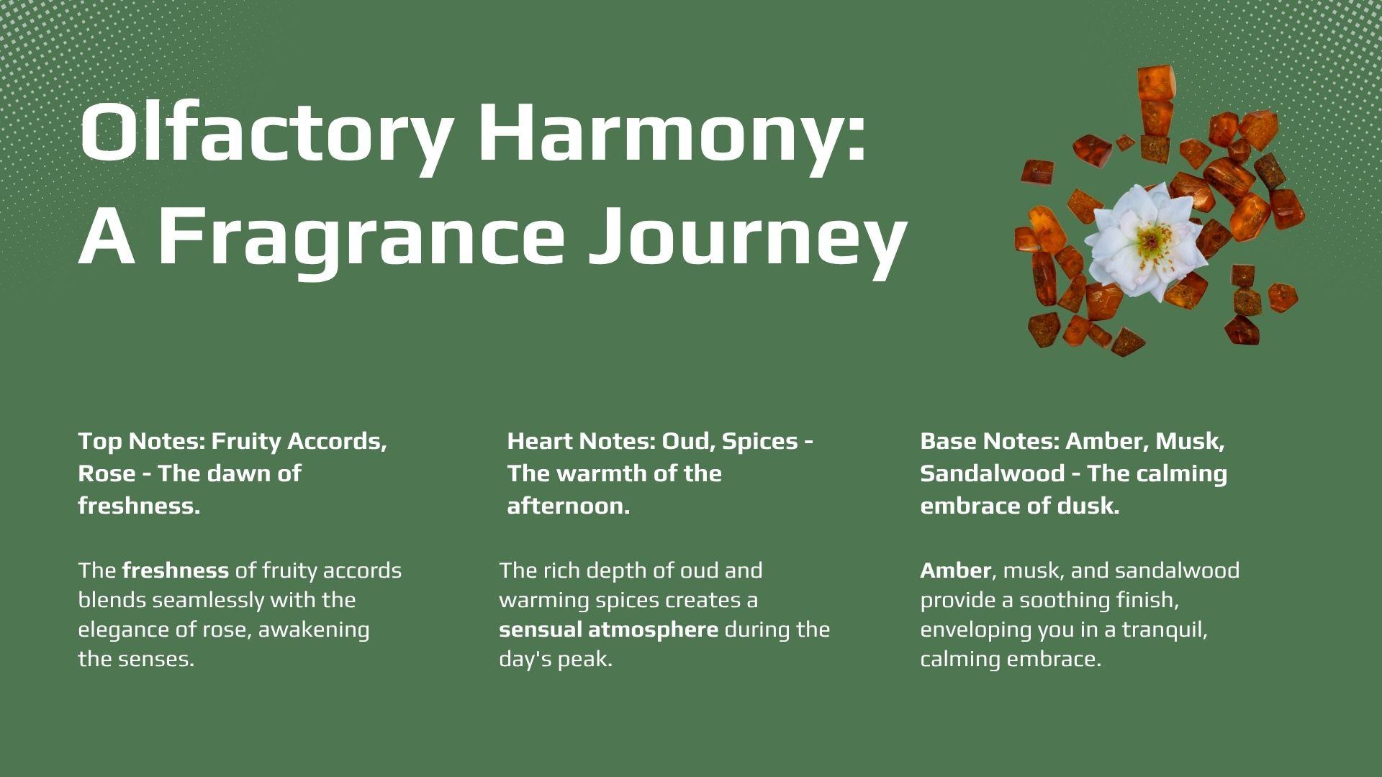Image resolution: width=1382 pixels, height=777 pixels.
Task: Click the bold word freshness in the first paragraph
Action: coord(176,571)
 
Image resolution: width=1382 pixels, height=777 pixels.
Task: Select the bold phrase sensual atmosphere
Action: coord(608,630)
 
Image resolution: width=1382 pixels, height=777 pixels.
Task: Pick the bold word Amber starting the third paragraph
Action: coord(956,571)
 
